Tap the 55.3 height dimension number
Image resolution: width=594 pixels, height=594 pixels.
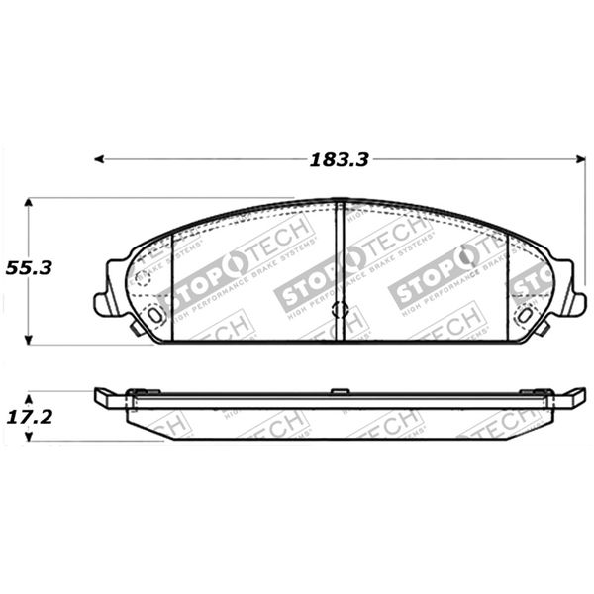click(29, 268)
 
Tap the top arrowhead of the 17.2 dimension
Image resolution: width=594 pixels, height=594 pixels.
click(29, 392)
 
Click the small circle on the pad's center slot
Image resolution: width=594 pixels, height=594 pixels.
click(340, 309)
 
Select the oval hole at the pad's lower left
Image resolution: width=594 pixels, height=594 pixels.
click(154, 315)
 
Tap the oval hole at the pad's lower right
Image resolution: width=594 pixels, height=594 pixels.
click(525, 315)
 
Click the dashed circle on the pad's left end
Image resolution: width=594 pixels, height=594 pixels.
click(144, 279)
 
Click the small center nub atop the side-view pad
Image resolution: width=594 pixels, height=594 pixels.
click(340, 390)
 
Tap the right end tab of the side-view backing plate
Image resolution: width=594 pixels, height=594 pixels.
click(568, 398)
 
